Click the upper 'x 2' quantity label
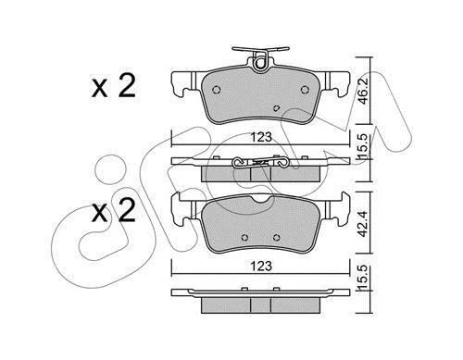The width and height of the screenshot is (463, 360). click(114, 86)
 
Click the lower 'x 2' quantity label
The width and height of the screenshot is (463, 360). click(114, 210)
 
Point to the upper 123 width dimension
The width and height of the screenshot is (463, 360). click(261, 137)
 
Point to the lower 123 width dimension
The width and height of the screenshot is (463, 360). click(261, 266)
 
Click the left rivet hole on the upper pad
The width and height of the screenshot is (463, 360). click(217, 90)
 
